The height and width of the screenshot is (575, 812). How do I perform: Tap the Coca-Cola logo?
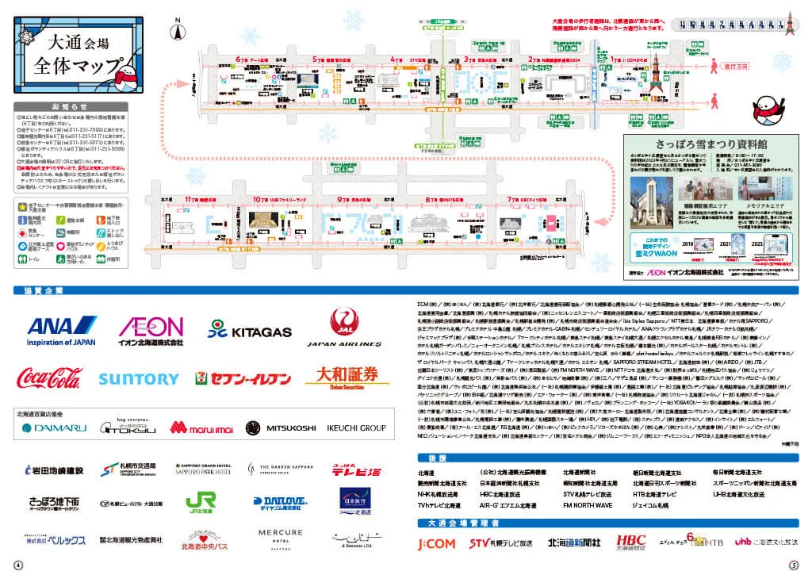pos(54,378)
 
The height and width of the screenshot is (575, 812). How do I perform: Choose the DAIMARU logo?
pos(55,428)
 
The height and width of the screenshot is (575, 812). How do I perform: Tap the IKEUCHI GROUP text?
pos(356,428)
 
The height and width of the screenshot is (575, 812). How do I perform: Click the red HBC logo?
pos(631,542)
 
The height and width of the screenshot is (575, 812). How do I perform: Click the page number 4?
pos(17,565)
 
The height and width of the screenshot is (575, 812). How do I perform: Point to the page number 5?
pos(795,565)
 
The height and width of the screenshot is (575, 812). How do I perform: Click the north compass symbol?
pos(179,30)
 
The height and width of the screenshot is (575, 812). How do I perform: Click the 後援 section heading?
pos(429,459)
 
